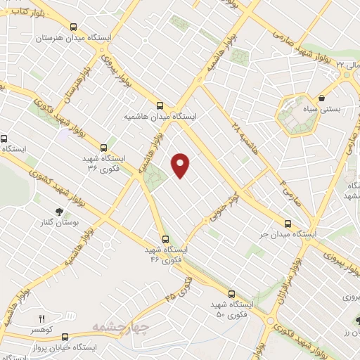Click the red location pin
[181, 165]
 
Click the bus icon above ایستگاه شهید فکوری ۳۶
[104, 148]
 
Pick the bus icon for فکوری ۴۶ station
[166, 239]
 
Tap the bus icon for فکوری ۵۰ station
[232, 293]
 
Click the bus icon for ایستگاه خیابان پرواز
[65, 337]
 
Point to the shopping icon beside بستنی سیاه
[322, 98]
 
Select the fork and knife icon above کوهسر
[41, 319]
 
